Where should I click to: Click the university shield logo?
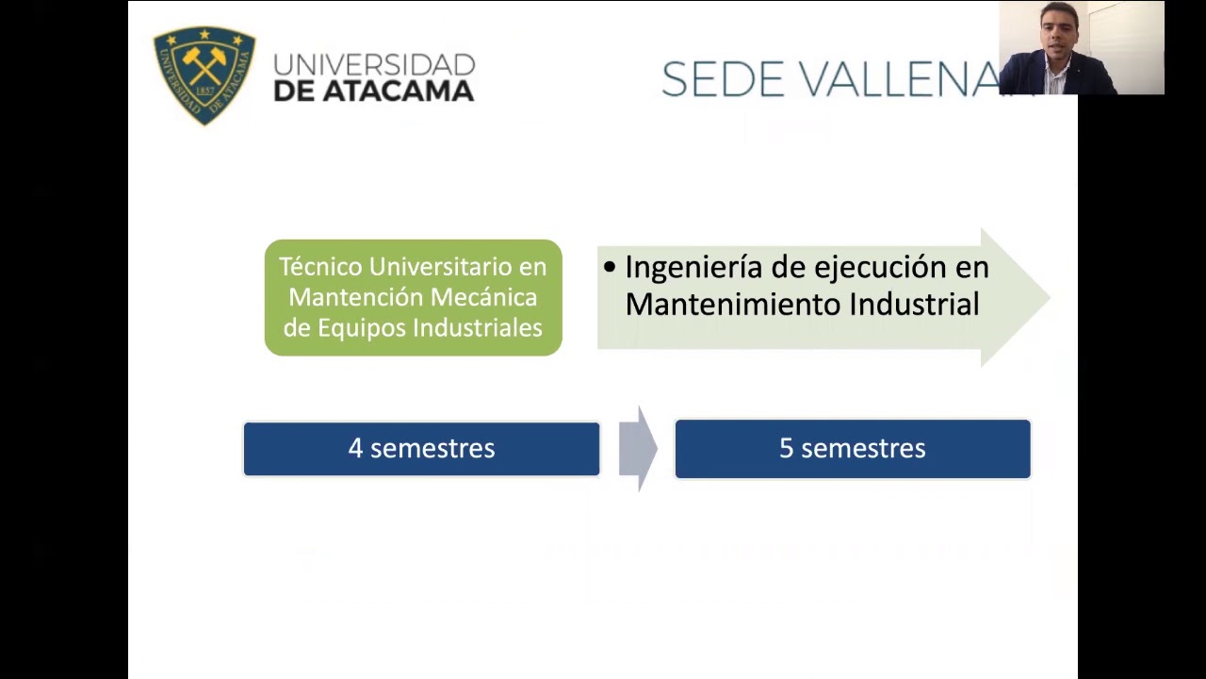coord(204,75)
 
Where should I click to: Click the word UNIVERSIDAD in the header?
coord(374,65)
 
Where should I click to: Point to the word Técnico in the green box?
coord(320,267)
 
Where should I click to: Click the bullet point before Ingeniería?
coord(610,268)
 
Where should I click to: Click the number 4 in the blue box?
coord(355,449)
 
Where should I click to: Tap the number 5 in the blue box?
coord(786,449)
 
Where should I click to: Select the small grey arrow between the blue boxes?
coord(638,449)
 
